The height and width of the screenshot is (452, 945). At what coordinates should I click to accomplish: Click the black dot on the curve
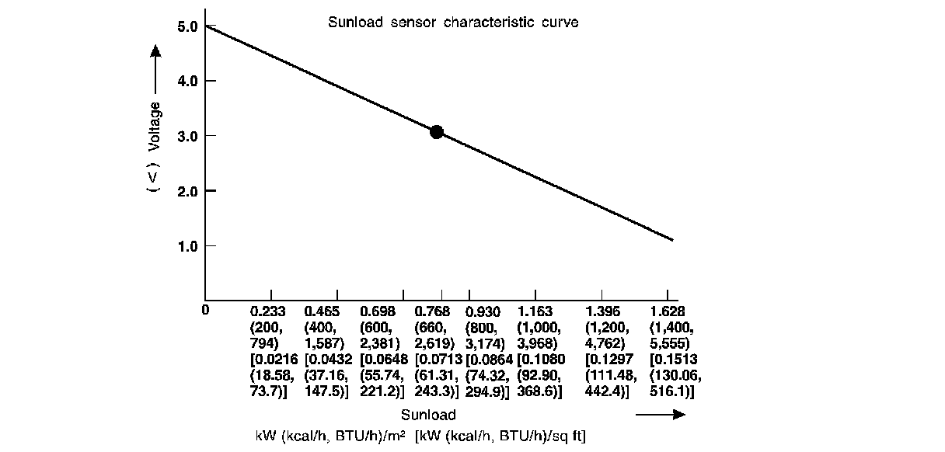coord(437,132)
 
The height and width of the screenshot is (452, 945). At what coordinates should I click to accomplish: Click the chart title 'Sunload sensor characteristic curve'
coord(453,23)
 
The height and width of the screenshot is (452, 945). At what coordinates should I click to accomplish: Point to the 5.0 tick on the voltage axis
coord(188,26)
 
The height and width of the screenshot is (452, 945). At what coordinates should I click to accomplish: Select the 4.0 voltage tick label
coord(188,81)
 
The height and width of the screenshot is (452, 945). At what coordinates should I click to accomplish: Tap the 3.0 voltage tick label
coord(188,136)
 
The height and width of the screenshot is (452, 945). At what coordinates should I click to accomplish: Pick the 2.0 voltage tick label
coord(188,190)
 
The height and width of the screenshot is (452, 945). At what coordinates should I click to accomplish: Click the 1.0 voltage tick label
coord(188,245)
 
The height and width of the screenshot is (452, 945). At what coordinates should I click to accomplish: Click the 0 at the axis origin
coord(205,311)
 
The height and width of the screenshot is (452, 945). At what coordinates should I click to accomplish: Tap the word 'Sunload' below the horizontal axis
coord(428,415)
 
